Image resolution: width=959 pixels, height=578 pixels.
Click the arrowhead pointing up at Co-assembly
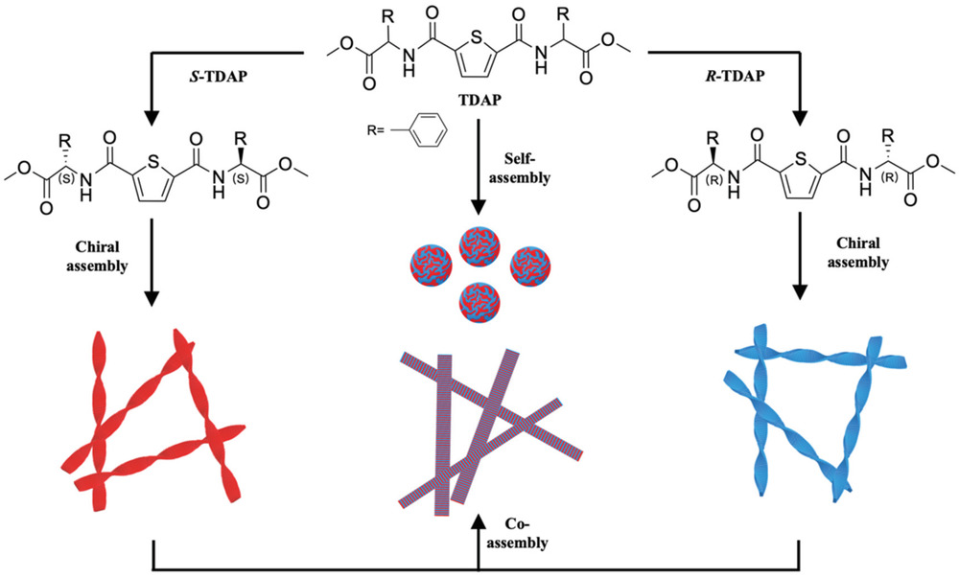coord(477,523)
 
